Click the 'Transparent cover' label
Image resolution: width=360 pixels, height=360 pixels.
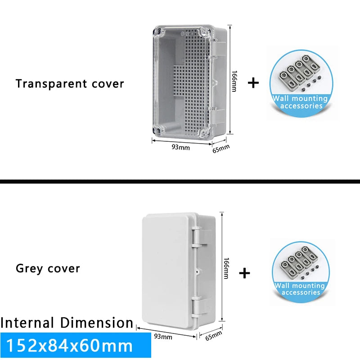point(70,84)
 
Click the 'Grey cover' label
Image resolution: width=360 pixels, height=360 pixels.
point(48,269)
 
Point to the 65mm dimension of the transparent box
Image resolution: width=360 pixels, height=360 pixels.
point(221,148)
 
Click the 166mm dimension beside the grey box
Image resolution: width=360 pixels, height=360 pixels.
point(226,268)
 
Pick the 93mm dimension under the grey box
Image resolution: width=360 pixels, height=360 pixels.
point(163,336)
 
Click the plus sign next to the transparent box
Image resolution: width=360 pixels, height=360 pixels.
point(254,83)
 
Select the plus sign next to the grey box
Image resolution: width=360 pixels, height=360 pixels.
point(244,273)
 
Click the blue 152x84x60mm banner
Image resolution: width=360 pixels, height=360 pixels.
point(76,346)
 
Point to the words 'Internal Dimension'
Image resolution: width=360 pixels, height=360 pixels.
point(67,323)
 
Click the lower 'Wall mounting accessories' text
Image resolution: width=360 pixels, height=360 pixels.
point(300,289)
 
